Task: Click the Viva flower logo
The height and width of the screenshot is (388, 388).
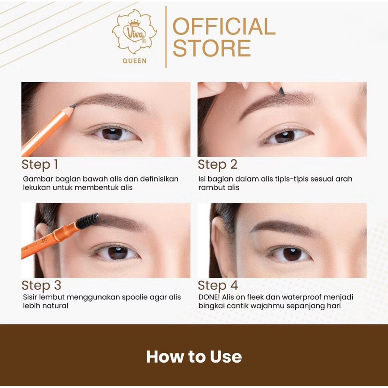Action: point(135,32)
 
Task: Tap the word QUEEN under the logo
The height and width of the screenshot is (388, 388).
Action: point(135,61)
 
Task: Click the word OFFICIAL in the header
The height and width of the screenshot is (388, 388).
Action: point(224,27)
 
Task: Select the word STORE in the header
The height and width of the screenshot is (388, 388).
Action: point(212,48)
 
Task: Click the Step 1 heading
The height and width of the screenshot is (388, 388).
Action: point(40,164)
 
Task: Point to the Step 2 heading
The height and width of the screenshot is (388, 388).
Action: point(217,164)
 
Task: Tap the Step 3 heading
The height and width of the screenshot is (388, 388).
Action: point(41,285)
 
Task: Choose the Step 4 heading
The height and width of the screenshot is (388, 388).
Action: point(218,285)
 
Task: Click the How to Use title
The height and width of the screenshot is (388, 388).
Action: point(194,357)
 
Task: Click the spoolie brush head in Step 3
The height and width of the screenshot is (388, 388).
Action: point(88,221)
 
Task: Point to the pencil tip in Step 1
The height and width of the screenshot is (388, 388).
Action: point(74,106)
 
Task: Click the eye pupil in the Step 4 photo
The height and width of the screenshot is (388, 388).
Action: point(292,254)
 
